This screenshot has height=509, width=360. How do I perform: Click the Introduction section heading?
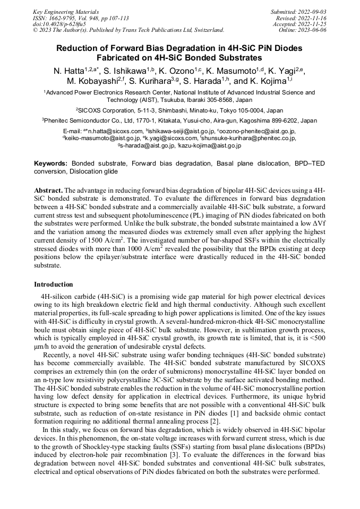point(54,284)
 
